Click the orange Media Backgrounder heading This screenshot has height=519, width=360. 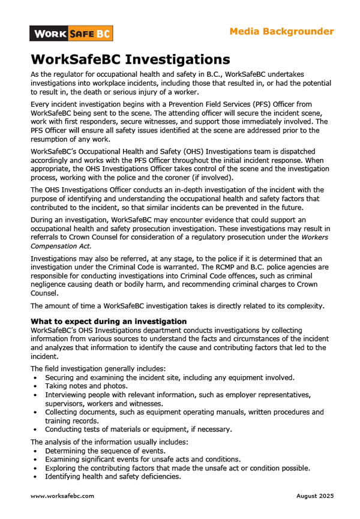click(281, 31)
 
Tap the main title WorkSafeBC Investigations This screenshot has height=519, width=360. click(130, 59)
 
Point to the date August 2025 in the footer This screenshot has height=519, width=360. click(315, 496)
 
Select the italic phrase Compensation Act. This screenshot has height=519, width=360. click(61, 246)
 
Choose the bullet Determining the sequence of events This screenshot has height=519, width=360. click(104, 451)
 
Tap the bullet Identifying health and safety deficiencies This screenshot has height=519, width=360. click(113, 476)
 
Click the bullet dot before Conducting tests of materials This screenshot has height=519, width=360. click(36, 429)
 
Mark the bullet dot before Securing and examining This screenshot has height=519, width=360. click(36, 377)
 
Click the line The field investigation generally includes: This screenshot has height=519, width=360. click(98, 368)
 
